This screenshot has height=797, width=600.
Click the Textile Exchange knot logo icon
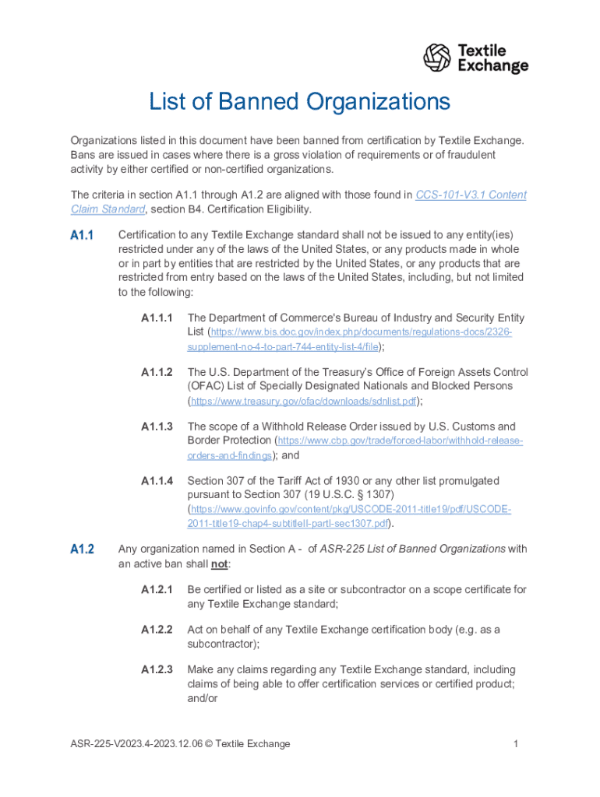(437, 58)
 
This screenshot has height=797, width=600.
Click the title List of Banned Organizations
(300, 102)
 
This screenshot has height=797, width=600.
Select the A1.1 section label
(82, 235)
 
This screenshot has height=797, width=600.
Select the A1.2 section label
(82, 549)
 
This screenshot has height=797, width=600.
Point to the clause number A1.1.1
(157, 318)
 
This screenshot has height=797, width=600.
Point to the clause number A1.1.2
(157, 372)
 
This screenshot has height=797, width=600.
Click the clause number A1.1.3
(157, 427)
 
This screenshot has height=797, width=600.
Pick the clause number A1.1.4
(157, 481)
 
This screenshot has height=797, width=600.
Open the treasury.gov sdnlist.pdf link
(305, 402)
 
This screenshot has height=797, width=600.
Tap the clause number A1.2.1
(157, 589)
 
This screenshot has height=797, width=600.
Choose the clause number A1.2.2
(157, 629)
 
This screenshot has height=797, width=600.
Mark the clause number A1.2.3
(157, 669)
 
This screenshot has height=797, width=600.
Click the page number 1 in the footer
(516, 744)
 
